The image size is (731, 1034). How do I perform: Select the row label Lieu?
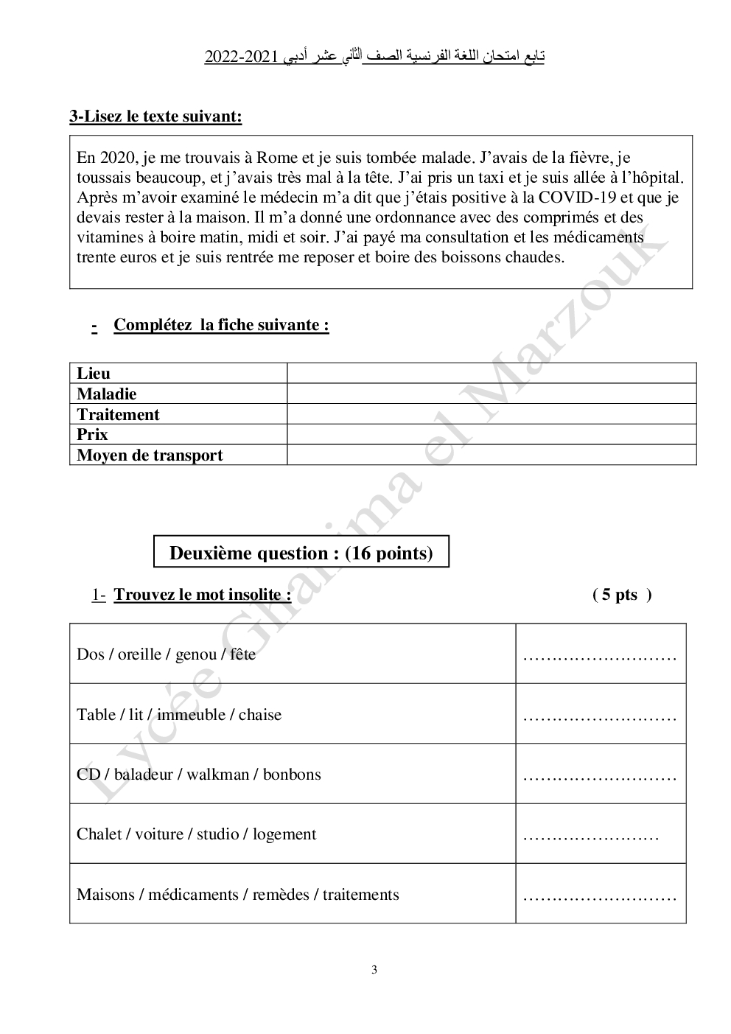pyautogui.click(x=93, y=374)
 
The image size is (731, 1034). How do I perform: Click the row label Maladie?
pyautogui.click(x=106, y=394)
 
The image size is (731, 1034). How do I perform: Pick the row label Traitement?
pyautogui.click(x=118, y=415)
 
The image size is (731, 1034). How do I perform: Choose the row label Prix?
pyautogui.click(x=92, y=435)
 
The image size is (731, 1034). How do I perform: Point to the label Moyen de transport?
pyautogui.click(x=150, y=455)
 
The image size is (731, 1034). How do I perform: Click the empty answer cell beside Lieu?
pyautogui.click(x=491, y=374)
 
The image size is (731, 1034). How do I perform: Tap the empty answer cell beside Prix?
pyautogui.click(x=491, y=435)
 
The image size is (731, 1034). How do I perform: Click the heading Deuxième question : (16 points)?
pyautogui.click(x=301, y=553)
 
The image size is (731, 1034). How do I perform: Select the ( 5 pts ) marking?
pyautogui.click(x=621, y=595)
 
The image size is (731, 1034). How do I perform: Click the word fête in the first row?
pyautogui.click(x=242, y=654)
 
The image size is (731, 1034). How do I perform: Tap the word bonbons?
pyautogui.click(x=292, y=775)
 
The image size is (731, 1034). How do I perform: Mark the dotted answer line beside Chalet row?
pyautogui.click(x=590, y=836)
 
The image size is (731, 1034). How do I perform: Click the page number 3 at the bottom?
pyautogui.click(x=374, y=970)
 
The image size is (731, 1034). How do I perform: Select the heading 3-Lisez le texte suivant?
pyautogui.click(x=155, y=116)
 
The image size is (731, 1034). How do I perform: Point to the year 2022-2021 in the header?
pyautogui.click(x=236, y=57)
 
